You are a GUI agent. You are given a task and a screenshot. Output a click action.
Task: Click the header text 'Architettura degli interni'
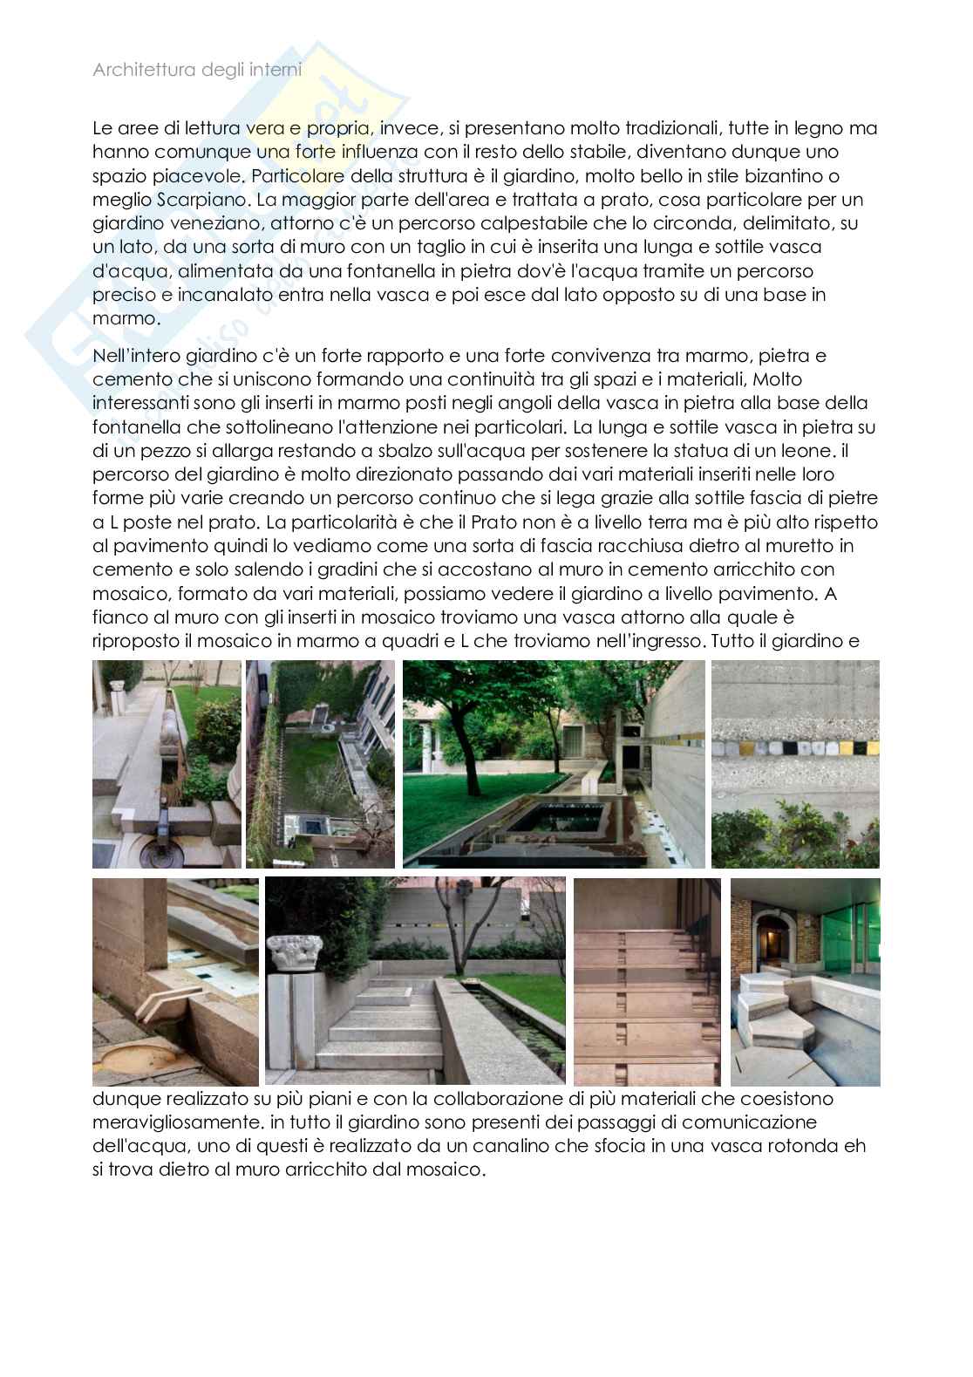point(197,71)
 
